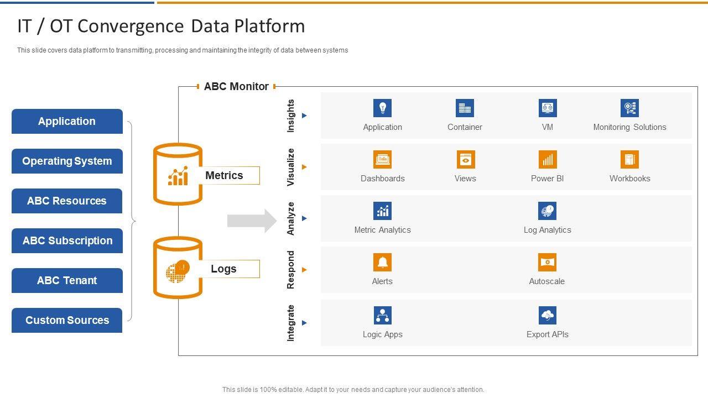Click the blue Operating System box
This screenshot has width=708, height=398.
(x=67, y=161)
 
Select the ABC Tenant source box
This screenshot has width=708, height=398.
(x=67, y=280)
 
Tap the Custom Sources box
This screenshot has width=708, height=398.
(x=67, y=320)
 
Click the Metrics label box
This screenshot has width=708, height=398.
(x=229, y=175)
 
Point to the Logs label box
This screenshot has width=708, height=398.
(x=229, y=269)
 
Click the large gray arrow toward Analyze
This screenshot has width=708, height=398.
(x=252, y=221)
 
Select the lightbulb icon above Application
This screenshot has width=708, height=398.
(x=382, y=108)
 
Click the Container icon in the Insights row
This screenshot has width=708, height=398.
(x=465, y=108)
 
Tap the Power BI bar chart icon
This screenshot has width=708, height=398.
(x=548, y=160)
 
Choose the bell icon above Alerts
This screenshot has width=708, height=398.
(x=382, y=262)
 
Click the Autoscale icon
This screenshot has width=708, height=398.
(x=547, y=262)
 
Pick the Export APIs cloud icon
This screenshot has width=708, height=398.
(x=548, y=315)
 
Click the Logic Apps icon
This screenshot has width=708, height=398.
(x=382, y=315)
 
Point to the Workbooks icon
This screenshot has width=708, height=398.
(x=629, y=160)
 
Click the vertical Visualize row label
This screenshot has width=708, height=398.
(x=290, y=167)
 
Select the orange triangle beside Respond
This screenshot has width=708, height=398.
(x=304, y=270)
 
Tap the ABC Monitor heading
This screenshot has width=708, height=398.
(x=236, y=86)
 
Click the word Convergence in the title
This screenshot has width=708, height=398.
(x=131, y=26)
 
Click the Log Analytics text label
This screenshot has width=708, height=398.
(x=548, y=230)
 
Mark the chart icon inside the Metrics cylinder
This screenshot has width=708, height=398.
(x=178, y=176)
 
